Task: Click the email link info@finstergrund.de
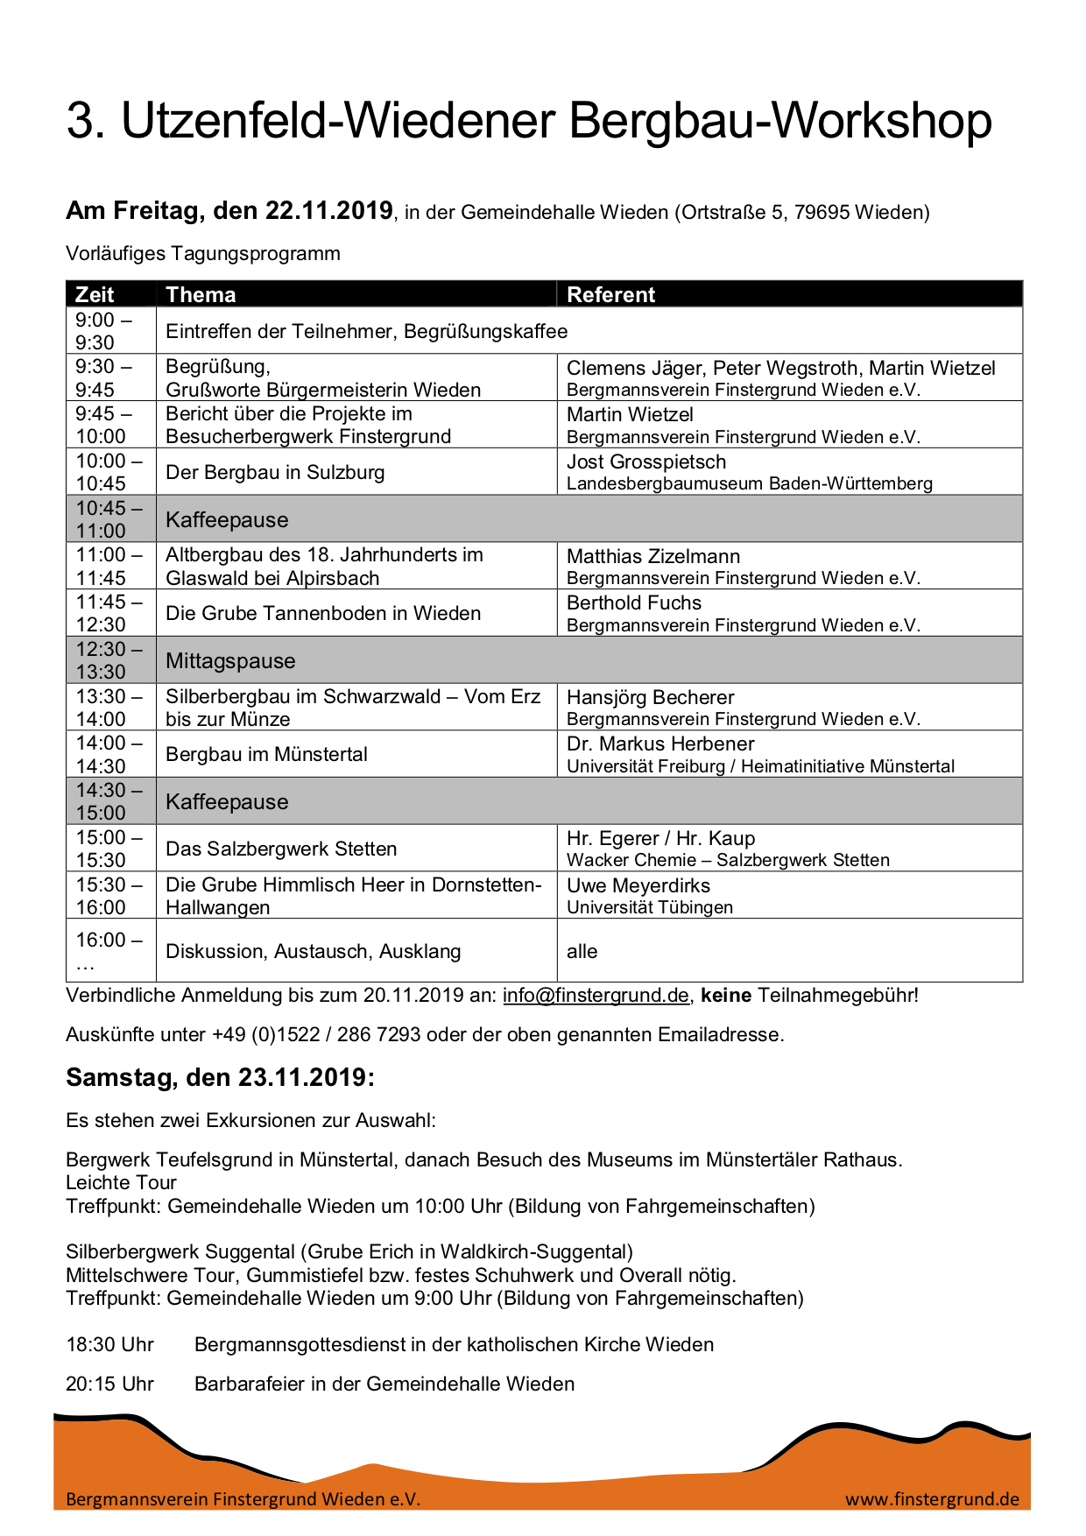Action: [x=596, y=996]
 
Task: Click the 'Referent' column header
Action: [x=610, y=294]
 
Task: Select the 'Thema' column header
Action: [x=201, y=294]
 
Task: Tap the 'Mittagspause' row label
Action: [x=230, y=660]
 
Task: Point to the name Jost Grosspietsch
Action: [x=646, y=462]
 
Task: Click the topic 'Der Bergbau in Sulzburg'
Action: [x=275, y=472]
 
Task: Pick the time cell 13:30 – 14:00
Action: [x=109, y=708]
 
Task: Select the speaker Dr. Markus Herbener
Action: [x=660, y=743]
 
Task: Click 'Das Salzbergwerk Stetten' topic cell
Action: [x=281, y=849]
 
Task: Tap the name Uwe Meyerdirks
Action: [x=638, y=885]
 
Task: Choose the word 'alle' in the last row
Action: [x=582, y=951]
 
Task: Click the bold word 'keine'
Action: [x=726, y=996]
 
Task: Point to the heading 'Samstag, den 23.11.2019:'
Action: [x=220, y=1077]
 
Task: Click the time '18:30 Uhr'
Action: [x=109, y=1344]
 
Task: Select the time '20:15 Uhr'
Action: [x=109, y=1384]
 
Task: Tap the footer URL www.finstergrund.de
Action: [x=932, y=1499]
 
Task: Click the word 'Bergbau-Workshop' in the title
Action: [x=780, y=121]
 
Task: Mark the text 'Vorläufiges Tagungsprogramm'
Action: [x=203, y=254]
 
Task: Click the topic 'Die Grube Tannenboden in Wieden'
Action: [x=323, y=613]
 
